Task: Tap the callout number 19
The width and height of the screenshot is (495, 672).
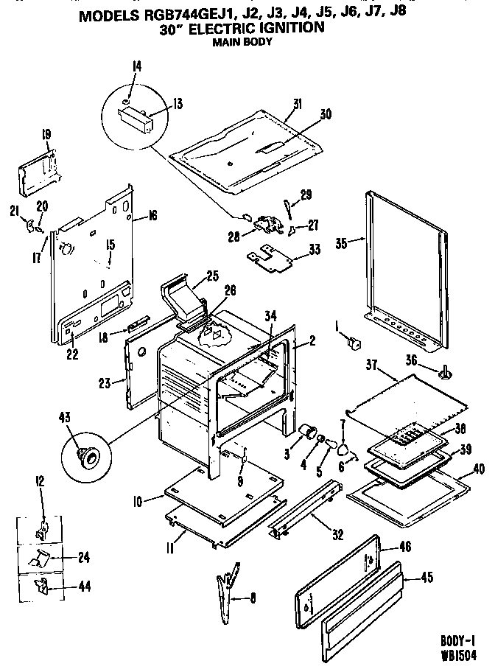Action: pyautogui.click(x=46, y=134)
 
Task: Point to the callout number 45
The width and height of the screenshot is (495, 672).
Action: pyautogui.click(x=425, y=578)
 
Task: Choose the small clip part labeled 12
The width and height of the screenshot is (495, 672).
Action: pyautogui.click(x=43, y=529)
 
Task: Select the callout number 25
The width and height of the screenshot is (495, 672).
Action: pyautogui.click(x=212, y=276)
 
